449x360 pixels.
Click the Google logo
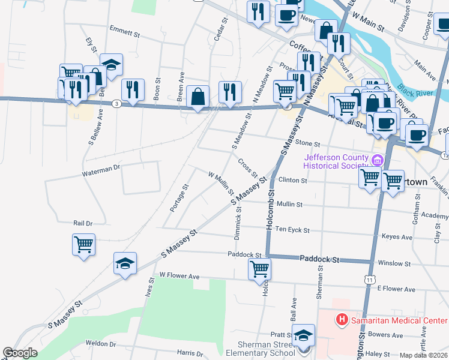(x=20, y=353)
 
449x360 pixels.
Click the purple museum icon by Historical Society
(x=377, y=160)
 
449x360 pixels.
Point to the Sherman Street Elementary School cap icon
(x=304, y=335)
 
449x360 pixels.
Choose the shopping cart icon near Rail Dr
(x=83, y=244)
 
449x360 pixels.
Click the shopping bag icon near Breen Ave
(x=197, y=97)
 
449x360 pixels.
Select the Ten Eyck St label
(x=292, y=229)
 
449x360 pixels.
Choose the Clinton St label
(x=292, y=180)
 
